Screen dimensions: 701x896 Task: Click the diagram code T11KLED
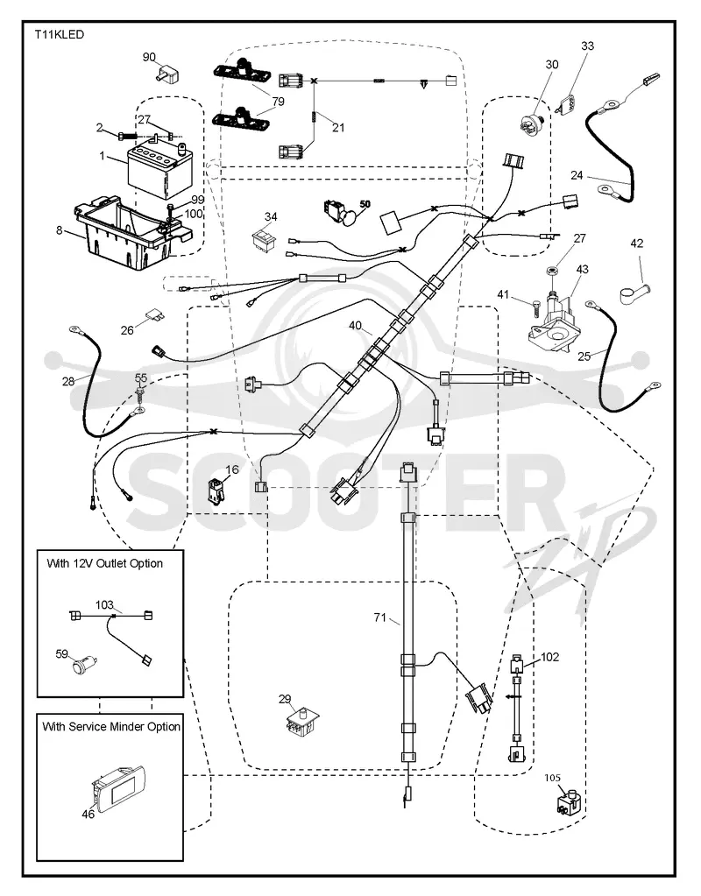pyautogui.click(x=59, y=35)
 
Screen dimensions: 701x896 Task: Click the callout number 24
pyautogui.click(x=577, y=175)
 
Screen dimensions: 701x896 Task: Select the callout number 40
pyautogui.click(x=355, y=325)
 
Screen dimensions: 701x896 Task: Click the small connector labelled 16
pyautogui.click(x=215, y=490)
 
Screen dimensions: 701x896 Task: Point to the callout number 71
pyautogui.click(x=380, y=617)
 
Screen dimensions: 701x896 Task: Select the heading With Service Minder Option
pyautogui.click(x=111, y=727)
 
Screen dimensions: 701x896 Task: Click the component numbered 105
pyautogui.click(x=569, y=801)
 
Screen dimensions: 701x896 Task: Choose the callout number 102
pyautogui.click(x=549, y=657)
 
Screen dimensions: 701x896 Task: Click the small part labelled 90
pyautogui.click(x=168, y=74)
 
